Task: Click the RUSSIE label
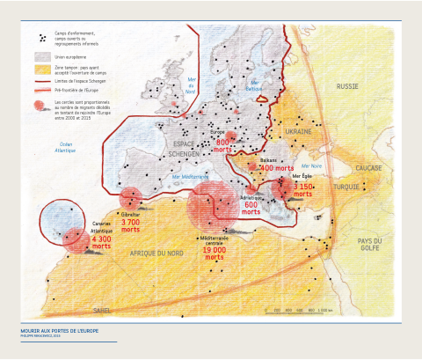point(348,86)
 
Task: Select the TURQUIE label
point(360,187)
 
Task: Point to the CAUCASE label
point(367,167)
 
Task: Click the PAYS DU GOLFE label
point(368,245)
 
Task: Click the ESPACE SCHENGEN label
point(185,146)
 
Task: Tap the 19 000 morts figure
point(214,251)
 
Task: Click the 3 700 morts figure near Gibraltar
point(130,224)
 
